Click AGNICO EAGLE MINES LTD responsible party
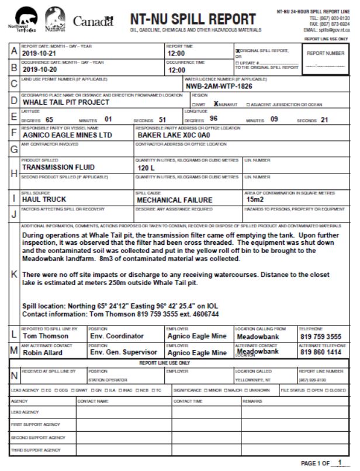coord(67,134)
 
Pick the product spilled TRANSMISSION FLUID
coord(58,167)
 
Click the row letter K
coord(14,274)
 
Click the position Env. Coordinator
coord(116,336)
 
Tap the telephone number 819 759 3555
coord(321,337)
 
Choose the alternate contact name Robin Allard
coord(44,352)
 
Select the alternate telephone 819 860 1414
coord(321,352)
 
